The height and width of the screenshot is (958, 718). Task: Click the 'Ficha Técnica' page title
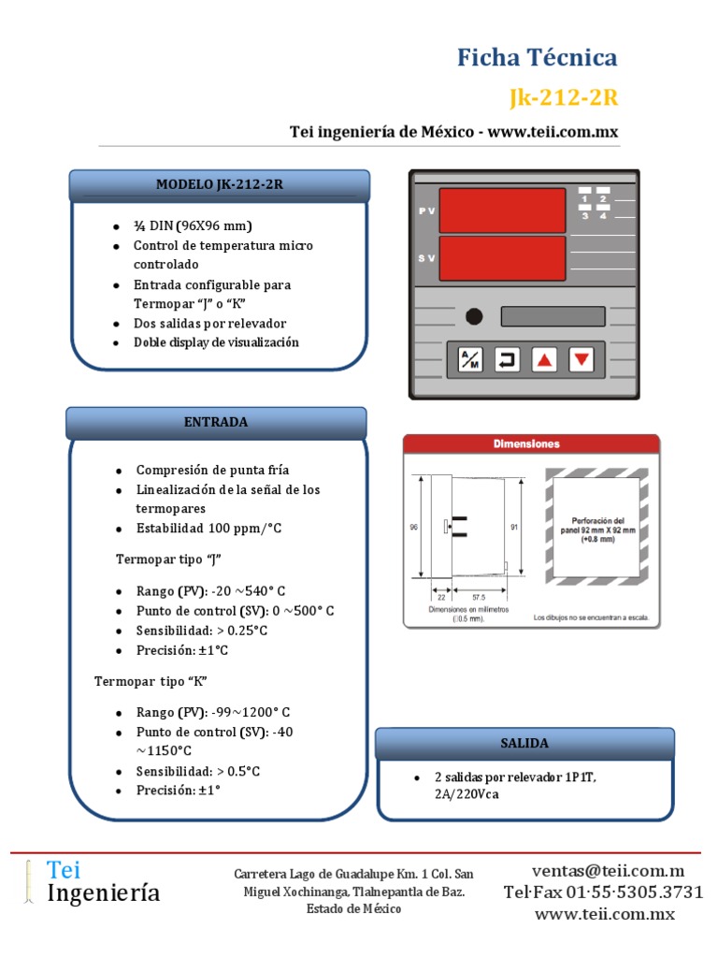point(537,58)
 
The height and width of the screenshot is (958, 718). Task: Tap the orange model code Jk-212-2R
point(564,97)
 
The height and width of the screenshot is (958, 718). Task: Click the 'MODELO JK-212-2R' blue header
point(219,185)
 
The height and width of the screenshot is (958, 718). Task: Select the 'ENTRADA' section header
point(216,422)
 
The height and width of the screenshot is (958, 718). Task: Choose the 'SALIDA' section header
point(524,743)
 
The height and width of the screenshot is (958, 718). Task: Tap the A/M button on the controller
point(468,359)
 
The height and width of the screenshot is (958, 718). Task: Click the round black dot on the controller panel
point(474,316)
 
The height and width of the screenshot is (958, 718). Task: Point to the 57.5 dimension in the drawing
point(479,597)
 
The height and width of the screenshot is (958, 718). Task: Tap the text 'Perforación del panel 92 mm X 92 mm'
point(597,527)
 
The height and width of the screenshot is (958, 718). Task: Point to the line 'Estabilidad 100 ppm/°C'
point(208,529)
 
